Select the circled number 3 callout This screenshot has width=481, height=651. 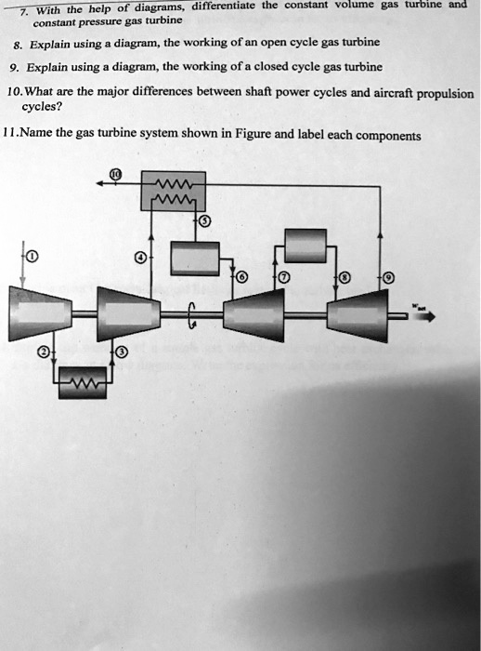pyautogui.click(x=121, y=352)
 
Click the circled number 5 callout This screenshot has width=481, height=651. pyautogui.click(x=204, y=220)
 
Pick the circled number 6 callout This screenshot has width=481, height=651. pyautogui.click(x=243, y=278)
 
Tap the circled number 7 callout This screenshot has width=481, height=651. pyautogui.click(x=283, y=278)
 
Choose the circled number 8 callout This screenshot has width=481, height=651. pyautogui.click(x=345, y=278)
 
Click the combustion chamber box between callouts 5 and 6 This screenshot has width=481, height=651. pyautogui.click(x=194, y=258)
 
